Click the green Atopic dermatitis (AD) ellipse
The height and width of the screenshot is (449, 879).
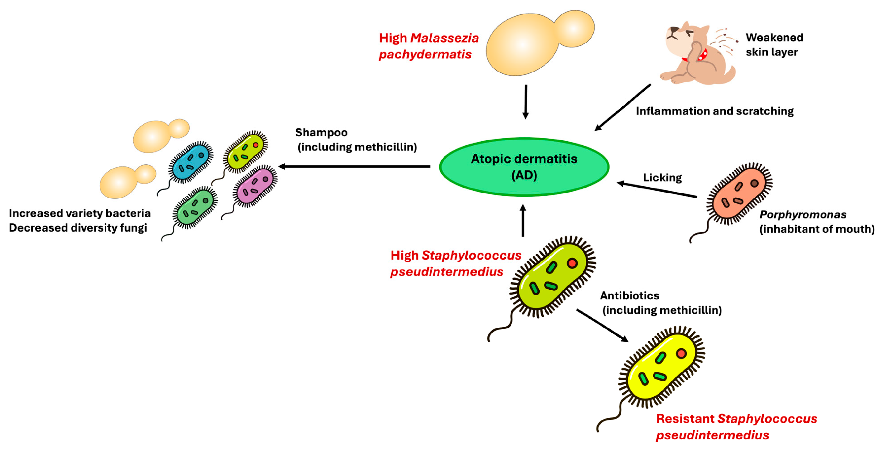524,167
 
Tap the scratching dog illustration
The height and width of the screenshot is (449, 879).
696,55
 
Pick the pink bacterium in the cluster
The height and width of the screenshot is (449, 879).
255,186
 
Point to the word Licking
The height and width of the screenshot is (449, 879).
662,178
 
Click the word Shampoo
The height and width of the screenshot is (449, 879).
321,132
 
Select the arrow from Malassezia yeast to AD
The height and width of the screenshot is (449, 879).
526,101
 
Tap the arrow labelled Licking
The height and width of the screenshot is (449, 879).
657,190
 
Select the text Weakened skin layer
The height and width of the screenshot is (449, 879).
774,44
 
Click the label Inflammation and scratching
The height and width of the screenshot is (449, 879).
715,111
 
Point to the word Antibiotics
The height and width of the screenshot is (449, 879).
630,295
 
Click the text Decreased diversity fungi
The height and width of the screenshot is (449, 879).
78,228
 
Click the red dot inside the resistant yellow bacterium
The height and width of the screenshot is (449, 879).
681,353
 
